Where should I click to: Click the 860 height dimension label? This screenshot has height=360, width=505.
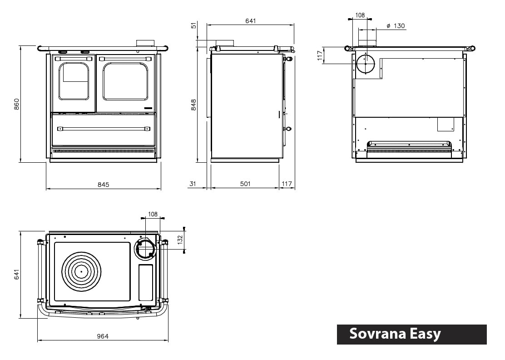point(17,104)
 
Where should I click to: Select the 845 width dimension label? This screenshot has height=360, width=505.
point(104,185)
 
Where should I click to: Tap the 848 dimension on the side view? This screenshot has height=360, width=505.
point(194,105)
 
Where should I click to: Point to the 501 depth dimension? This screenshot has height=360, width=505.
point(245,184)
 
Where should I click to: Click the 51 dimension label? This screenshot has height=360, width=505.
point(194,25)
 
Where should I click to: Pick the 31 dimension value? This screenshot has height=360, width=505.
point(193,184)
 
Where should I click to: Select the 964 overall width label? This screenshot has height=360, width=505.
point(103,336)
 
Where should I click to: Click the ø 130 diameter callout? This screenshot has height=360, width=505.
point(396,26)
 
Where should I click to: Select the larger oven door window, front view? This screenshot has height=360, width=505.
point(125,81)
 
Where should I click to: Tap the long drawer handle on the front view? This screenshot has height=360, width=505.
point(104,129)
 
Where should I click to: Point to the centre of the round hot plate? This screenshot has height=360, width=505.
point(81,271)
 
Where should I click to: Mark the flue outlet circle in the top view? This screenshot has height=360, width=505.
point(145,248)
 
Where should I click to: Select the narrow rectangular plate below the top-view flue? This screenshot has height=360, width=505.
point(145,282)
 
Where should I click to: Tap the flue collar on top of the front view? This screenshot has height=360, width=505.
point(145,43)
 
